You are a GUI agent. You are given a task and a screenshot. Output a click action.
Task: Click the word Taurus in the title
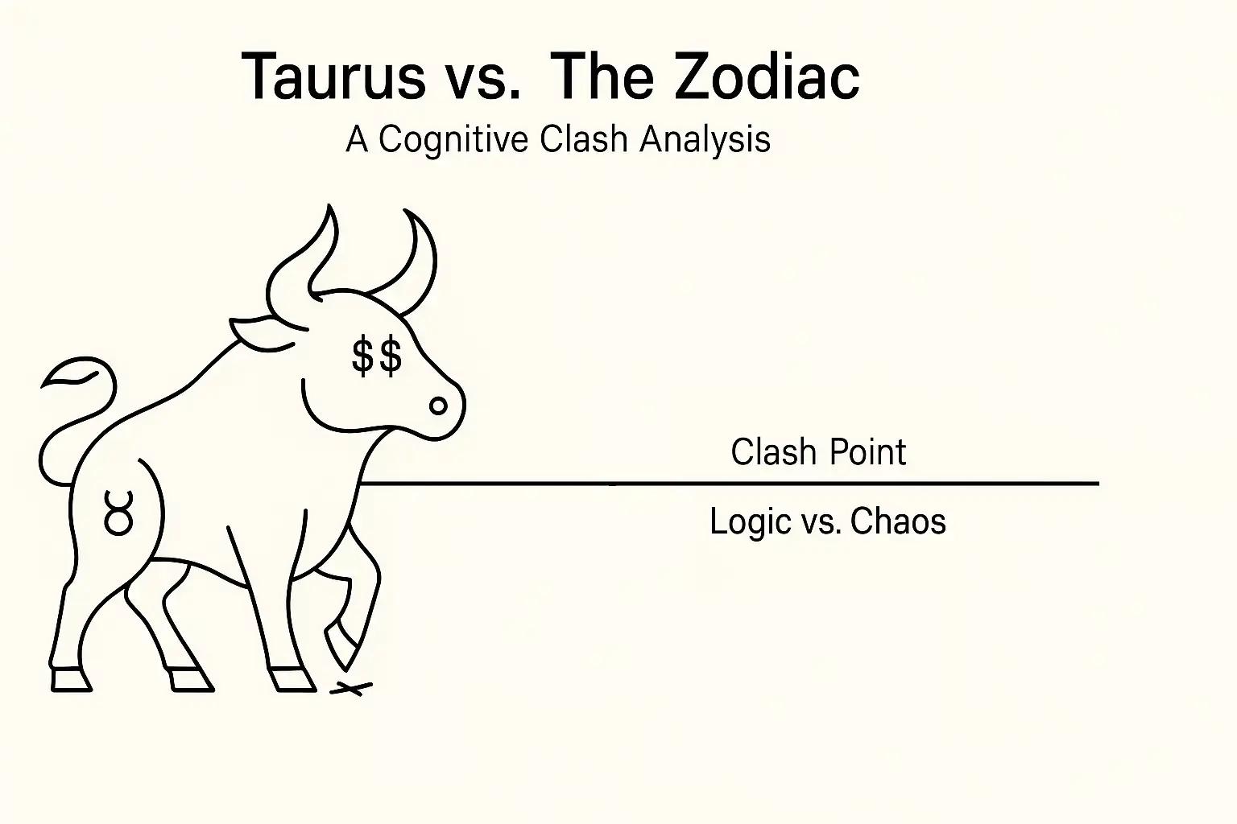click(x=333, y=77)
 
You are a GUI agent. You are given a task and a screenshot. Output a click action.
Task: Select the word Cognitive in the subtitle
click(x=453, y=140)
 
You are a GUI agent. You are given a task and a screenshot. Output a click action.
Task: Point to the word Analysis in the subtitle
click(x=705, y=140)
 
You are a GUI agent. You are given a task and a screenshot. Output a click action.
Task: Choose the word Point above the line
click(x=867, y=452)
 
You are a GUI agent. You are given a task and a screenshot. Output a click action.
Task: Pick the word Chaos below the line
click(x=898, y=522)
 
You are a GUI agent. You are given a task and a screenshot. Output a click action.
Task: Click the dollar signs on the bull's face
click(x=377, y=356)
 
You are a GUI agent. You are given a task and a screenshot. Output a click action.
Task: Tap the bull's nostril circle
click(x=438, y=406)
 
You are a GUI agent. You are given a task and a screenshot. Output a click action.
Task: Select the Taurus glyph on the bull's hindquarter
click(x=118, y=513)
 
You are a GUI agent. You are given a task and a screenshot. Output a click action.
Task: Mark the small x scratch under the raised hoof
click(x=351, y=689)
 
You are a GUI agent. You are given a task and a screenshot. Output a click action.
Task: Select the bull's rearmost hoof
click(x=71, y=680)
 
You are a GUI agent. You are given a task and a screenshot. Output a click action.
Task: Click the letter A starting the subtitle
click(x=358, y=140)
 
